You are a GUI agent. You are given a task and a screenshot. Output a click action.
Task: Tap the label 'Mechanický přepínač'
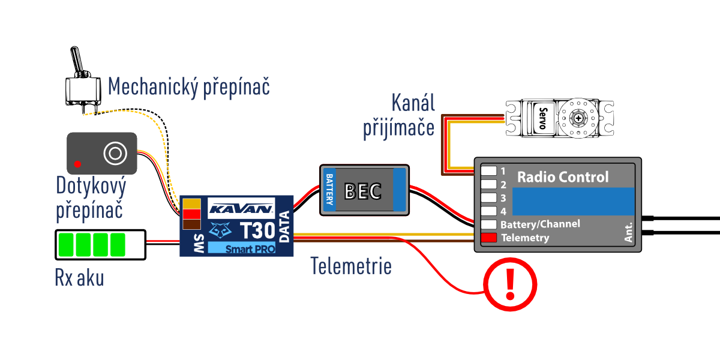pyautogui.click(x=189, y=87)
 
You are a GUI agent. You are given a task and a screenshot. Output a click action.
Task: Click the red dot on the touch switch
pyautogui.click(x=77, y=164)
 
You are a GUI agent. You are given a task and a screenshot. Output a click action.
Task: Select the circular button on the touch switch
pyautogui.click(x=113, y=153)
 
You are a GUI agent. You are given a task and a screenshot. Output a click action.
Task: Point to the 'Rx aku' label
pyautogui.click(x=79, y=278)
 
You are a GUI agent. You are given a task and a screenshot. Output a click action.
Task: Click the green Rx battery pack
pyautogui.click(x=100, y=245)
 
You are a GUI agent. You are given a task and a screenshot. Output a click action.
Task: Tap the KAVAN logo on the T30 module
pyautogui.click(x=241, y=209)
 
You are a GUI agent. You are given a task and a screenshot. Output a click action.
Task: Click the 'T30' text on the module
pyautogui.click(x=257, y=231)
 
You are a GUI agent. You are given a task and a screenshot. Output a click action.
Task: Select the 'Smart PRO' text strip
pyautogui.click(x=242, y=248)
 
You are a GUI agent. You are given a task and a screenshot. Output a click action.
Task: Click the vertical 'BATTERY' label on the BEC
pyautogui.click(x=329, y=188)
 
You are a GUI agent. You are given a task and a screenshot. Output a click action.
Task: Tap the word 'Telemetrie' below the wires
pyautogui.click(x=351, y=266)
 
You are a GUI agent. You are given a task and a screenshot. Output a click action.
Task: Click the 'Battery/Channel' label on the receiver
pyautogui.click(x=541, y=224)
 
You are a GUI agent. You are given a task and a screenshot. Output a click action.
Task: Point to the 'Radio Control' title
pyautogui.click(x=562, y=177)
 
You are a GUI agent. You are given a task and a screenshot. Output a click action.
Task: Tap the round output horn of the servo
pyautogui.click(x=578, y=118)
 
